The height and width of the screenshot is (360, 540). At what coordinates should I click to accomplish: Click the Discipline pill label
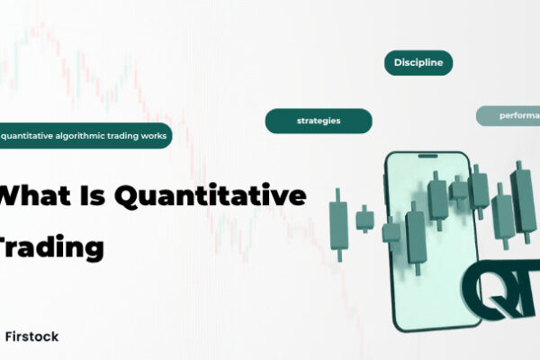click(x=418, y=63)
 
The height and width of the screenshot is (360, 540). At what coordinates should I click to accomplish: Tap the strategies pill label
click(x=319, y=121)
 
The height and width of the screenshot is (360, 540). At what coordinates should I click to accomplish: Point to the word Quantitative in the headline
click(x=224, y=196)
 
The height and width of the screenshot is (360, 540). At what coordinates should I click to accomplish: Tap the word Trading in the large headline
click(x=53, y=246)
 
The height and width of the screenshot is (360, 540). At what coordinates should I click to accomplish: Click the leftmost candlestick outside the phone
click(x=338, y=220)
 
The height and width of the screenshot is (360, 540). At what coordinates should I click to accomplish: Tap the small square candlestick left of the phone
click(x=364, y=218)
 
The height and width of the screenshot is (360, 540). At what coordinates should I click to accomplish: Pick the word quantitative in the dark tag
click(x=31, y=136)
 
